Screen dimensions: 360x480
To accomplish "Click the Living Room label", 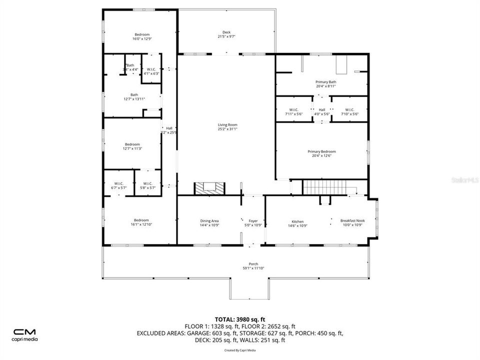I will (x=227, y=125).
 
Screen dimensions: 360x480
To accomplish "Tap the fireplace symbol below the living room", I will (x=209, y=188).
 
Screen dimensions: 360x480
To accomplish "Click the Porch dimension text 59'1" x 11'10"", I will (x=253, y=268).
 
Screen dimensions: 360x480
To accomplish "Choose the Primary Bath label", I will (x=325, y=81).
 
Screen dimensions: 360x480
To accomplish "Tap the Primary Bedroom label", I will (x=321, y=151).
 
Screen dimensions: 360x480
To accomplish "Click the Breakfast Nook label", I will (x=352, y=220).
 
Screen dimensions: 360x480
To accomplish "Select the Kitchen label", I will (x=297, y=221).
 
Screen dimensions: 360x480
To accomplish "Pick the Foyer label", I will (x=253, y=220).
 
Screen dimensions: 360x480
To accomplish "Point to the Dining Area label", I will (x=210, y=220).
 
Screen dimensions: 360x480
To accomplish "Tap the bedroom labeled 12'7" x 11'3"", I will (x=133, y=144).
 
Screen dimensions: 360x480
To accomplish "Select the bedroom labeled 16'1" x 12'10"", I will (x=140, y=220).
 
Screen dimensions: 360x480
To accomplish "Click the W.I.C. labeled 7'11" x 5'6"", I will (x=293, y=110).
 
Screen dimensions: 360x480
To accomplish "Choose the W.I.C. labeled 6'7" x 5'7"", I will (x=118, y=183).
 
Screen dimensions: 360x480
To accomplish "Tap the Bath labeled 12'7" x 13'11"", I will (x=134, y=94).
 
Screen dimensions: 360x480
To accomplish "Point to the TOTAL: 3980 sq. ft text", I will (x=239, y=318).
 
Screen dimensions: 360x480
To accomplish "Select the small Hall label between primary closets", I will (x=321, y=110).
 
